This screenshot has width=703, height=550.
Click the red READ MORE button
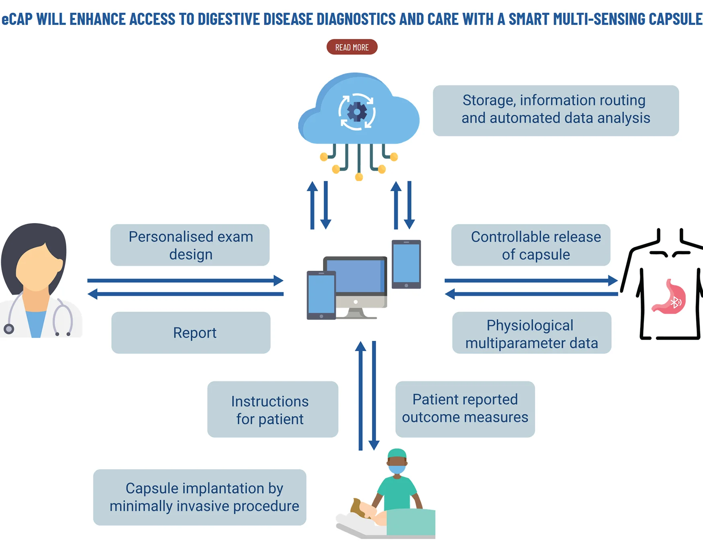pos(352,47)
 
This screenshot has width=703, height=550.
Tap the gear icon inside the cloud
pos(357,112)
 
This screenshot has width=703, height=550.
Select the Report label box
pos(191,333)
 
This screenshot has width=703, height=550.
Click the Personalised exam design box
pos(190,245)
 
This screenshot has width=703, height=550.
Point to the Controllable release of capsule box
pos(531,245)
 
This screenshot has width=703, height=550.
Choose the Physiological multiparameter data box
pos(532,333)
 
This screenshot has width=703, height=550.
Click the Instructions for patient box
pos(273,409)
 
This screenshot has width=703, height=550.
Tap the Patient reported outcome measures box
pos(465,409)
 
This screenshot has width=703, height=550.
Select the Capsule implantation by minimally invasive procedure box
pos(200,497)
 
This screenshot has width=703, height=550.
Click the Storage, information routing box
pos(556,111)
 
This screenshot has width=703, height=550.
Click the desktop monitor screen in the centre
pos(355,276)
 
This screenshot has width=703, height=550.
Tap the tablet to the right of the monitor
pos(406,264)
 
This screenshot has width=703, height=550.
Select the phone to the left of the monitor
pos(321,295)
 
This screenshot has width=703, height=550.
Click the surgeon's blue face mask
pos(397,469)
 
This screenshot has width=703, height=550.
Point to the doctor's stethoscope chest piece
pos(9,329)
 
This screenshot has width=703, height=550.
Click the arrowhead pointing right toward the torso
pos(613,280)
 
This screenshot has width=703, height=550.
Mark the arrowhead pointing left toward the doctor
pos(92,294)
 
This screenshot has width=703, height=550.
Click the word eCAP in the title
pos(17,19)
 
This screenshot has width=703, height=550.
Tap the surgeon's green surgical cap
pos(397,453)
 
